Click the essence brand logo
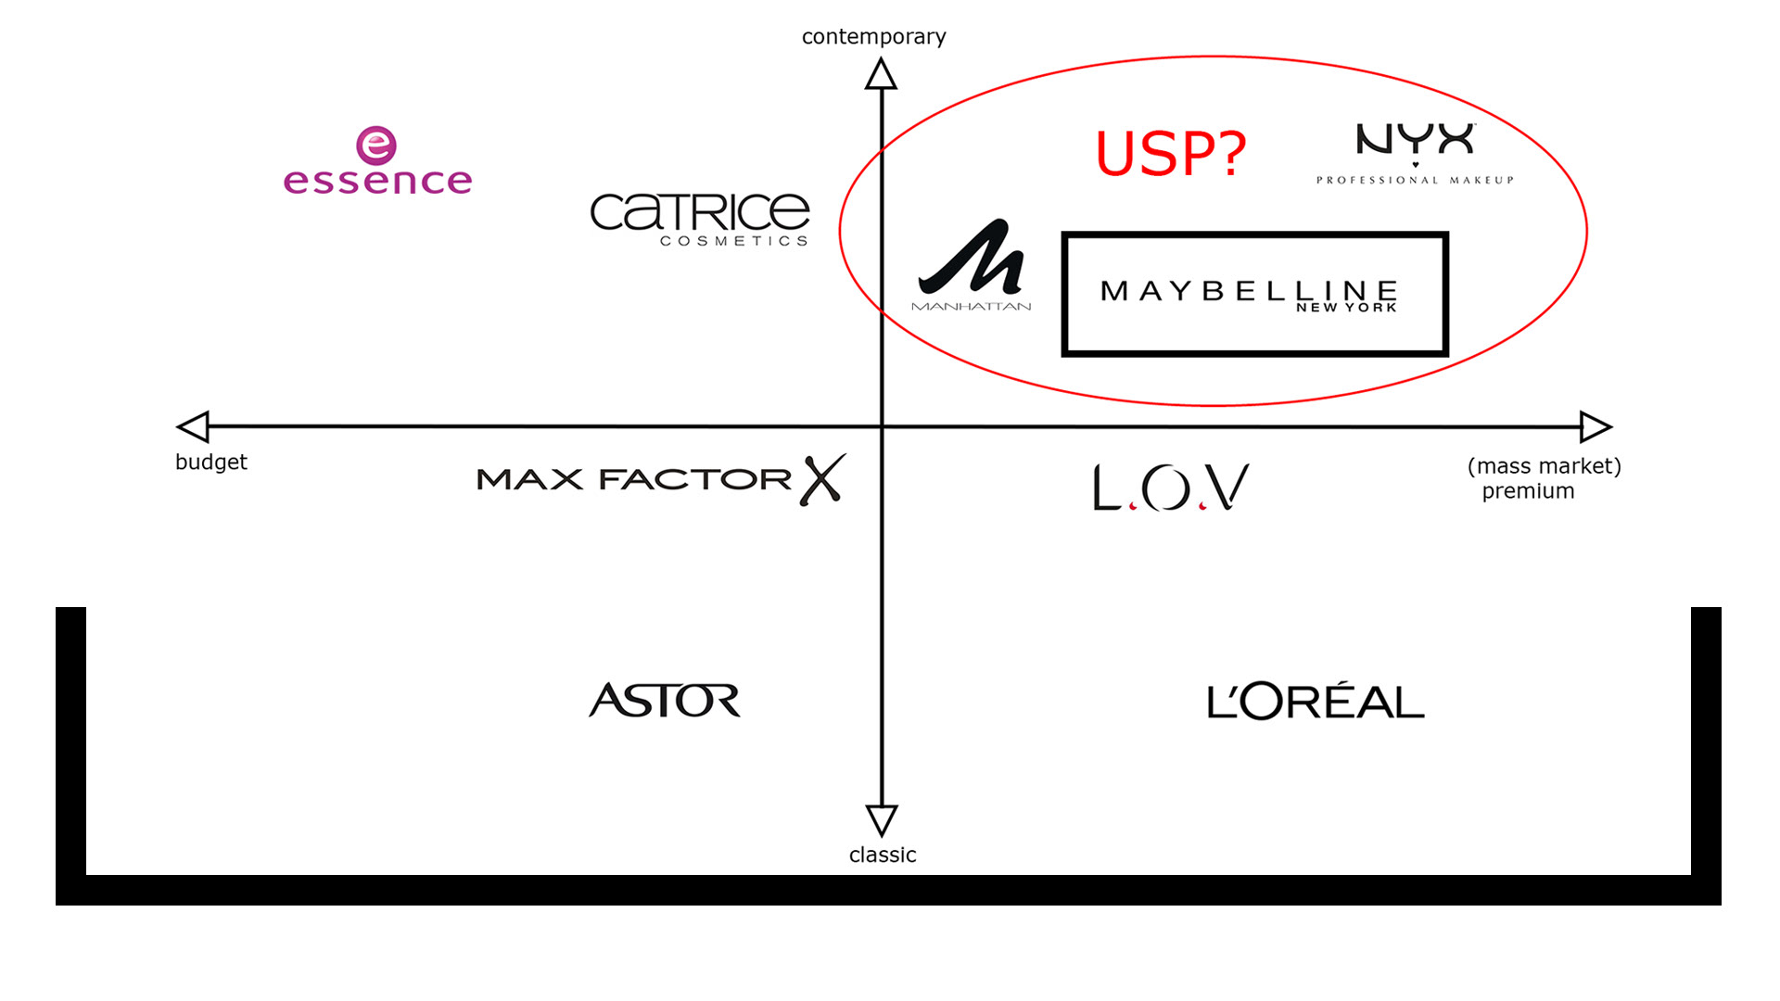377,163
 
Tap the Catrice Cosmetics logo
700,219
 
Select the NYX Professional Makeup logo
1415,154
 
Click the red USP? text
1171,153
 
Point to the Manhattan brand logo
972,265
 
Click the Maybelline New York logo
1254,294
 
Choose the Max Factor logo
660,479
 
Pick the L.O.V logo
1171,488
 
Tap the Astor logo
665,700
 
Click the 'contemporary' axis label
873,37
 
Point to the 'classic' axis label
883,855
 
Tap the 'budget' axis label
211,462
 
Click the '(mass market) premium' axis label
1544,478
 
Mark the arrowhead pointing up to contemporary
881,74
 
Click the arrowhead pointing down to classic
882,819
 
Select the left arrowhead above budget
194,426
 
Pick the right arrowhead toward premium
1595,426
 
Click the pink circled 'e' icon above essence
376,146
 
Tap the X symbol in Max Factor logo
822,479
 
